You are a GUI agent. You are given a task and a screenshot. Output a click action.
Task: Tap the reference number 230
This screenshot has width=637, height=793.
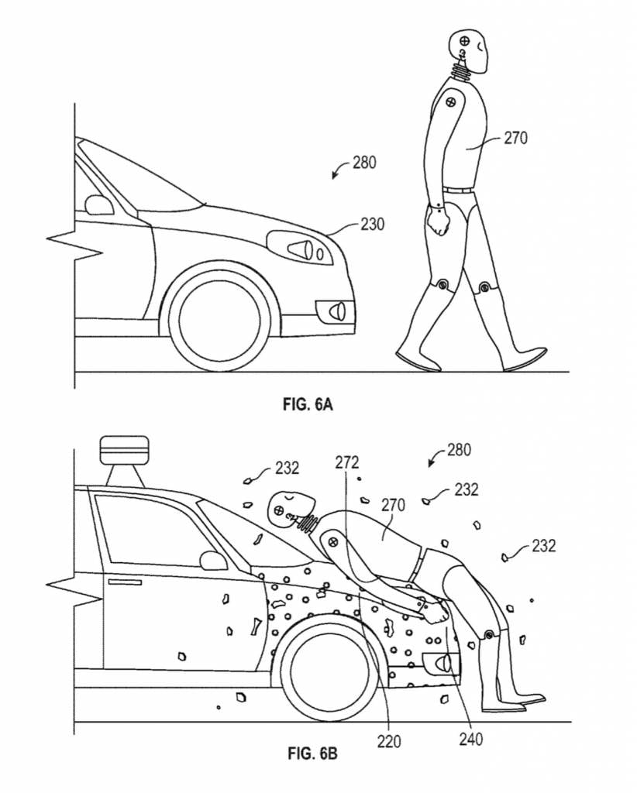click(371, 224)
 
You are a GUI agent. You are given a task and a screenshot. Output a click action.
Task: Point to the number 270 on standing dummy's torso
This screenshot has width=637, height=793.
click(515, 139)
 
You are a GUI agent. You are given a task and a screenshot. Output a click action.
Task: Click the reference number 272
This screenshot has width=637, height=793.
click(347, 462)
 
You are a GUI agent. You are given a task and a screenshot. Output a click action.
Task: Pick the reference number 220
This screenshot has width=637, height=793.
click(390, 741)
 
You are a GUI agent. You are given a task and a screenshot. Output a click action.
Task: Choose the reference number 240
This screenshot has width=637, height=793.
click(470, 739)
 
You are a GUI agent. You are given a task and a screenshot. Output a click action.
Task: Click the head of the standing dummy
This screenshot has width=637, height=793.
click(469, 49)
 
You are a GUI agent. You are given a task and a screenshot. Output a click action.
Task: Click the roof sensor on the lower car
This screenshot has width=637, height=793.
click(124, 455)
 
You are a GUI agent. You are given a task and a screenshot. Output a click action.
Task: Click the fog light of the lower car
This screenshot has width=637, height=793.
click(440, 663)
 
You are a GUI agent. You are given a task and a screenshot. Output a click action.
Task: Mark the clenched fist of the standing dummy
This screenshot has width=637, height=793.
click(439, 223)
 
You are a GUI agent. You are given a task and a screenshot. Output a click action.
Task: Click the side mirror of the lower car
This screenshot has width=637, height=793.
click(212, 560)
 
